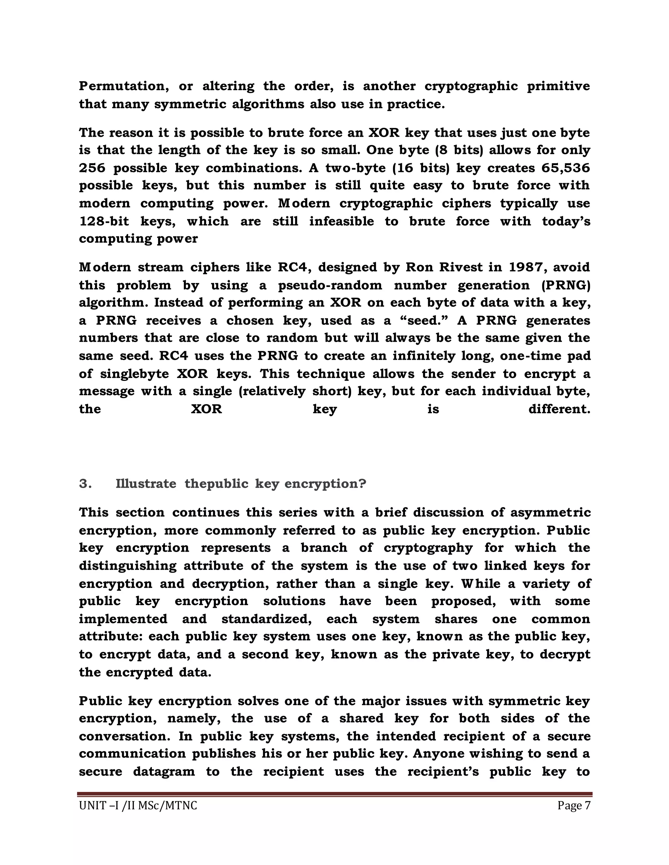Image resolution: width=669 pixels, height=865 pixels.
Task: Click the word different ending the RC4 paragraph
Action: [559, 409]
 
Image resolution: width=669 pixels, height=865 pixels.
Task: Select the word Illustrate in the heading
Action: [146, 484]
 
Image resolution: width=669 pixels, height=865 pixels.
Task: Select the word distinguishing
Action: [128, 566]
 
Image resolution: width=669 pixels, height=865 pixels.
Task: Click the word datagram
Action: [164, 772]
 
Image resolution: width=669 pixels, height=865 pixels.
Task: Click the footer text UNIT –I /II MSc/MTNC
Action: [138, 806]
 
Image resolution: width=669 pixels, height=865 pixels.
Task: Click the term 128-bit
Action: [104, 221]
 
